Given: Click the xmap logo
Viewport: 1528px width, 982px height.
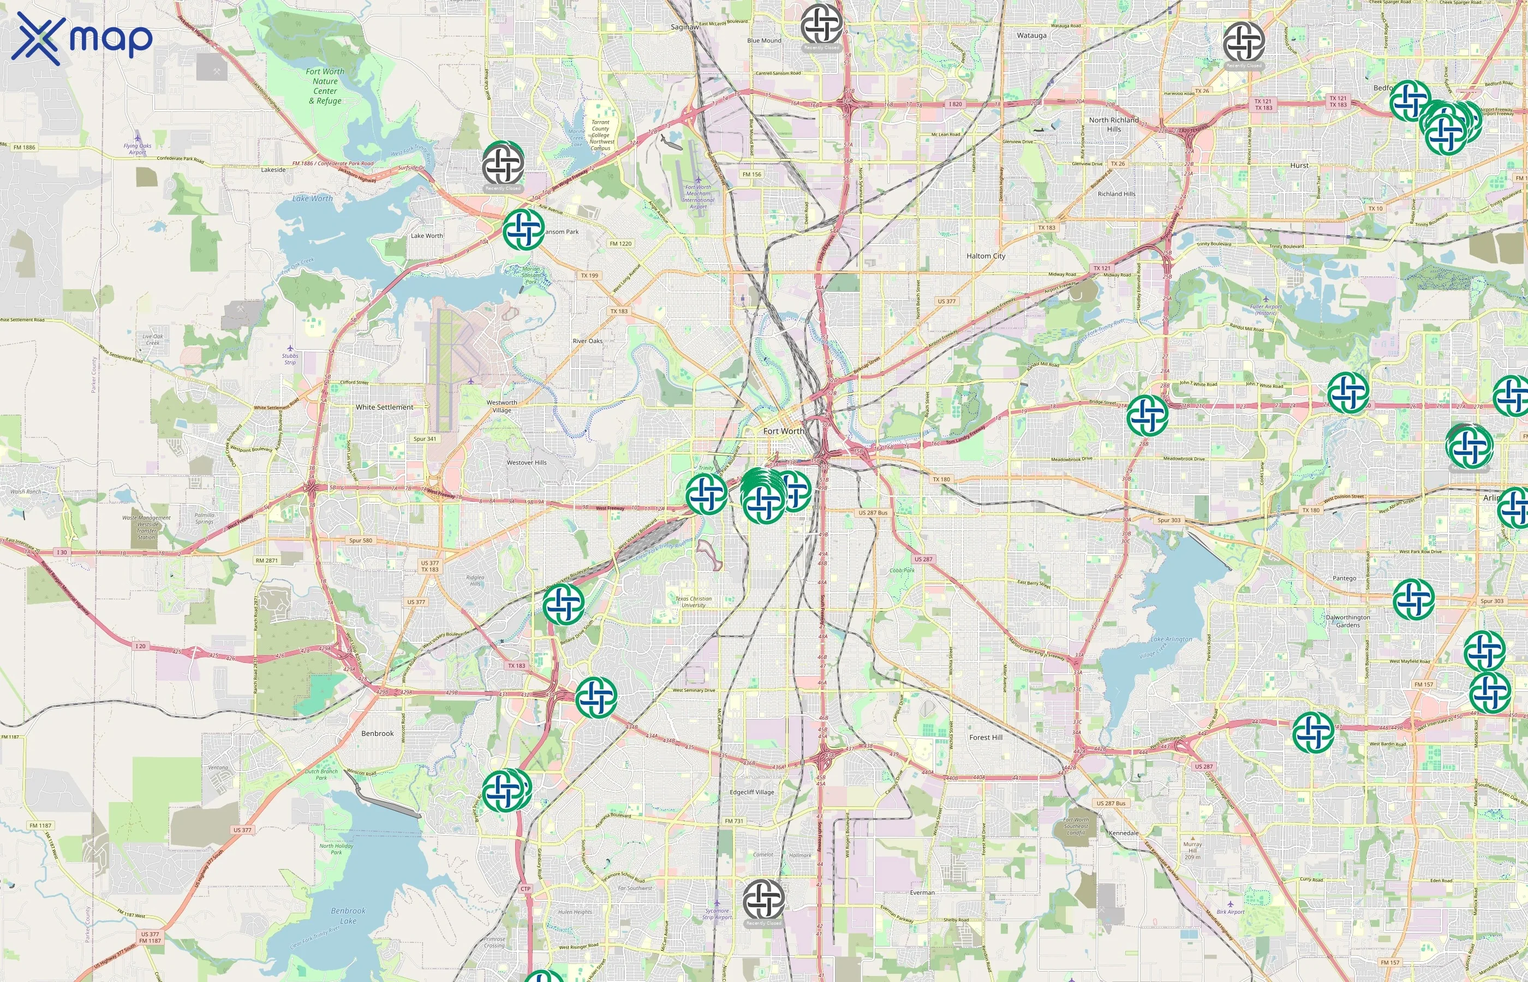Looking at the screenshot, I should (82, 38).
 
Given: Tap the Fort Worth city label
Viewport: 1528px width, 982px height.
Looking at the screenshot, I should (783, 431).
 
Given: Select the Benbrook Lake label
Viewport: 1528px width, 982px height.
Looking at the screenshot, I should (348, 915).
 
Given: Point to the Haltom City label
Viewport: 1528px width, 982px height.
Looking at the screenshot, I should (986, 256).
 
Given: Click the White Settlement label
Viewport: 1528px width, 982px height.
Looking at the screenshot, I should (384, 407).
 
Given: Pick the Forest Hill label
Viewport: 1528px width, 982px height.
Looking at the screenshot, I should (986, 737).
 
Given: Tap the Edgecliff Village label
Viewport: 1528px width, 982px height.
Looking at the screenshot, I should (751, 792).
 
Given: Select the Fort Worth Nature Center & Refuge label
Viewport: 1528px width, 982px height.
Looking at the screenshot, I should (325, 86).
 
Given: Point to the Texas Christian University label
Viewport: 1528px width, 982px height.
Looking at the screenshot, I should (693, 601).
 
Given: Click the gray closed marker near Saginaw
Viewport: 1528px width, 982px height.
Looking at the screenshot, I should (821, 24).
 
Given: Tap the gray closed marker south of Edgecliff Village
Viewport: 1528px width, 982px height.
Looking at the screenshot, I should (763, 900).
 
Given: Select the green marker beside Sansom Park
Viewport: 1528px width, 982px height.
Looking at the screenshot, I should (523, 230).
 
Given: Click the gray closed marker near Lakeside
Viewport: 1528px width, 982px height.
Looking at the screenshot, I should (503, 164).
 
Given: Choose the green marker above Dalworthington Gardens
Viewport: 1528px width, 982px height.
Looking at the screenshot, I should (1413, 599).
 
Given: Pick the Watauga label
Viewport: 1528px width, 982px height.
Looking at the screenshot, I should (1031, 35).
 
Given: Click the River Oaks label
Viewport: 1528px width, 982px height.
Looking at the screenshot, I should (587, 341).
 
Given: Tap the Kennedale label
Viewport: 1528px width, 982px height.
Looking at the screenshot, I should (1123, 833).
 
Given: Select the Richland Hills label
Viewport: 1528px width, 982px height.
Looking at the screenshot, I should (1116, 194).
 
